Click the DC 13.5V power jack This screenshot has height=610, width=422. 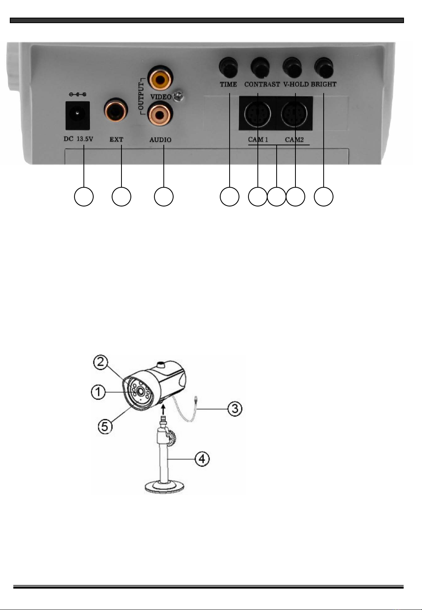tap(78, 115)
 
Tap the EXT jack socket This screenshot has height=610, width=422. tap(116, 110)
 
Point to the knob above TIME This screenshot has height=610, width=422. tap(228, 67)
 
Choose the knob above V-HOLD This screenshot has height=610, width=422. tap(292, 67)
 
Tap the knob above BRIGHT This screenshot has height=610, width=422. tap(324, 67)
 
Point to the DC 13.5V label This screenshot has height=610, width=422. tap(78, 139)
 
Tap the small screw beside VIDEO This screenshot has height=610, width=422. tap(179, 95)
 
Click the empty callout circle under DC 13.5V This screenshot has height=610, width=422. tap(84, 197)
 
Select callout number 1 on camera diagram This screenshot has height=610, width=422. tap(99, 392)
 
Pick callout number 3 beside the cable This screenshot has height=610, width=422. tap(235, 409)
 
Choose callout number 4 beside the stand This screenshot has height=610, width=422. tap(202, 458)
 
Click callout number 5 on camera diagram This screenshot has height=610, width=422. tap(105, 425)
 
